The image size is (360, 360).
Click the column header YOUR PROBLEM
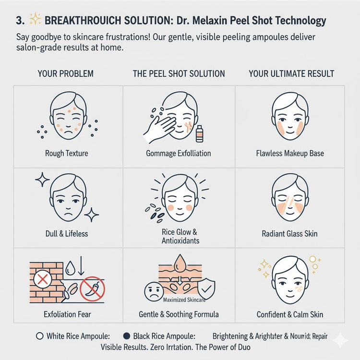(66, 74)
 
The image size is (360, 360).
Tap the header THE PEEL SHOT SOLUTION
(179, 74)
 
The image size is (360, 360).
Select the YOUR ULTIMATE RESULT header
(291, 74)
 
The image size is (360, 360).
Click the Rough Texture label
(67, 153)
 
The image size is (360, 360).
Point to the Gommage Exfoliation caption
(179, 154)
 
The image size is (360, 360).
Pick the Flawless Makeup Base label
(290, 153)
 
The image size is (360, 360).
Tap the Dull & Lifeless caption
(67, 234)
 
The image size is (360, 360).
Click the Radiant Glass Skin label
(290, 234)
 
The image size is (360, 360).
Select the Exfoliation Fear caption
(67, 314)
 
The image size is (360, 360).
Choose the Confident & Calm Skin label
(290, 314)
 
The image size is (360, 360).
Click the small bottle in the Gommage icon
(199, 134)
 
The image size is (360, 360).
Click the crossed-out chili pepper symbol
(92, 289)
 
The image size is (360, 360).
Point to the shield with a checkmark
(206, 289)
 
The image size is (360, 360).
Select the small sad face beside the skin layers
(154, 291)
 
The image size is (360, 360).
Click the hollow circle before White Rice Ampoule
(40, 336)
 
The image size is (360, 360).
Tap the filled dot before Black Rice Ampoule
(127, 336)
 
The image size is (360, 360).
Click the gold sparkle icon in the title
(35, 19)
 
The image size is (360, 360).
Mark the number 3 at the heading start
(20, 21)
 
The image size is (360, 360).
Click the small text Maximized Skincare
(184, 300)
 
